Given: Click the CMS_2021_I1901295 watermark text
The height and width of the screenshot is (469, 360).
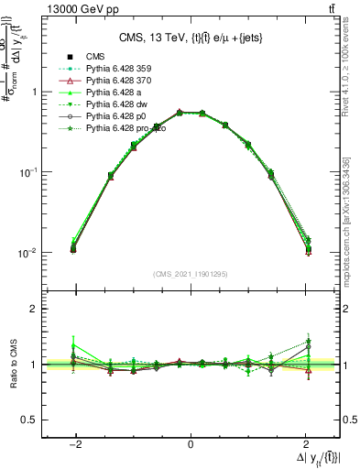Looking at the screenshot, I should click(x=190, y=274).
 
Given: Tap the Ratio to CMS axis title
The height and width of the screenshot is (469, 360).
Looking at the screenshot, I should click(x=16, y=360).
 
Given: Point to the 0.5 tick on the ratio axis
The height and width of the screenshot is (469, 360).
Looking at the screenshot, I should click(x=30, y=420).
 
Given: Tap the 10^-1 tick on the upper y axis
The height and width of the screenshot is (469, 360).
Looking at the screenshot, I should click(x=27, y=172).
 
